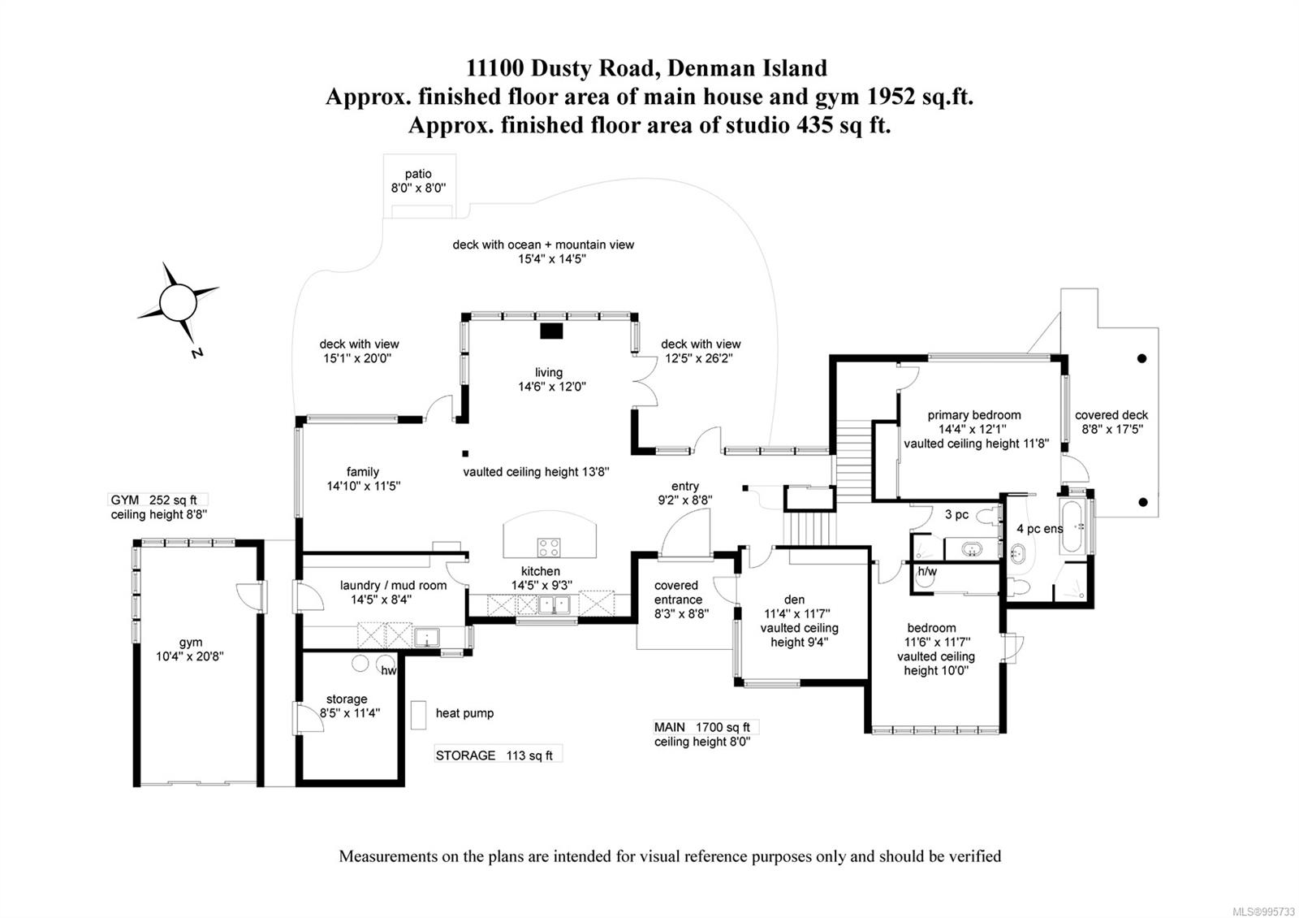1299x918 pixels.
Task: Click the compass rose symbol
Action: (x=178, y=302)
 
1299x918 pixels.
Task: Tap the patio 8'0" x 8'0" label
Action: (x=418, y=180)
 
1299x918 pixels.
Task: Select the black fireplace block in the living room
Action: (x=551, y=331)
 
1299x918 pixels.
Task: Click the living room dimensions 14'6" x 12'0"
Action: (x=552, y=387)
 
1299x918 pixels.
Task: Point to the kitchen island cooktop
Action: (x=549, y=548)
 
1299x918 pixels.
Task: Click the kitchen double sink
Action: (x=554, y=605)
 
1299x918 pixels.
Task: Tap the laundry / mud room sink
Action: (x=426, y=637)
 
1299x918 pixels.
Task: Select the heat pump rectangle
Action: (x=418, y=714)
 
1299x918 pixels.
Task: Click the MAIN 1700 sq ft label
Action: (x=701, y=726)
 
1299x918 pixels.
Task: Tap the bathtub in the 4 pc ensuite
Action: (x=1071, y=526)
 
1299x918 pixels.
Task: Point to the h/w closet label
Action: (x=926, y=571)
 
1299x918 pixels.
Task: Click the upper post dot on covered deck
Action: (x=1141, y=358)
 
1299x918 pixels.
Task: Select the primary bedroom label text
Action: (x=974, y=415)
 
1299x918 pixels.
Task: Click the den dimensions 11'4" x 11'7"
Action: (x=796, y=613)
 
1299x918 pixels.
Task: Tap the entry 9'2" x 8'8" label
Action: (x=685, y=492)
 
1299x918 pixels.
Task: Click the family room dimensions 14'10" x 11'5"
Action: (x=364, y=486)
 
